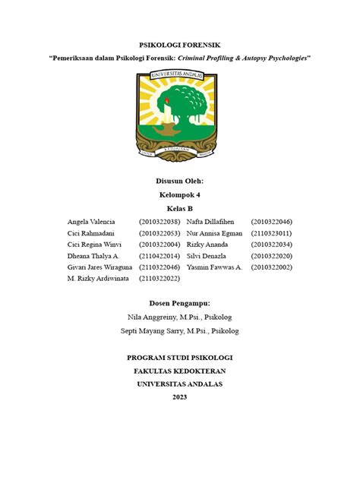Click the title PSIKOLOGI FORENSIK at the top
pos(179,45)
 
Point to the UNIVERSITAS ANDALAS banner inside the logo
pos(180,75)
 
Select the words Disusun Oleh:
pos(179,181)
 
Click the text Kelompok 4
pos(179,194)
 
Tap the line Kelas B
pos(179,208)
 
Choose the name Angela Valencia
pos(90,221)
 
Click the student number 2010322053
pos(159,233)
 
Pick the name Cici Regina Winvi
pos(95,245)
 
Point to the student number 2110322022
pos(159,279)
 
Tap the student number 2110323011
pos(271,233)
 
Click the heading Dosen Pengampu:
pos(179,303)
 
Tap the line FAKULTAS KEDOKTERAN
pos(179,371)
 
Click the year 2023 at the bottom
pos(179,397)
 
